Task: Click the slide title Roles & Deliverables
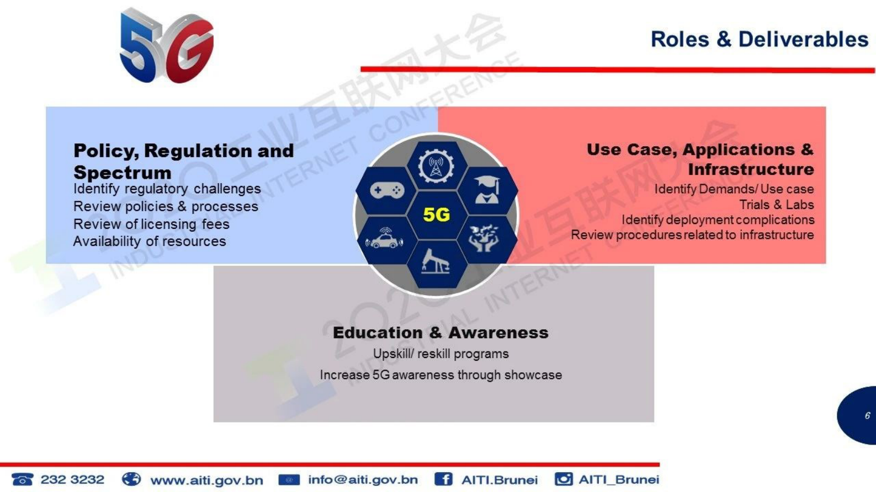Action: pyautogui.click(x=760, y=40)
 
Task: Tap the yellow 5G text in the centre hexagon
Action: pyautogui.click(x=437, y=215)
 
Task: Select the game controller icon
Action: pyautogui.click(x=387, y=190)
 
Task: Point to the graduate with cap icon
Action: pyautogui.click(x=486, y=190)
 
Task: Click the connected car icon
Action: pyautogui.click(x=384, y=238)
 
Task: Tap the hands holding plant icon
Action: pyautogui.click(x=484, y=238)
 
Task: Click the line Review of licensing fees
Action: pyautogui.click(x=151, y=224)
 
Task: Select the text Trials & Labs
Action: pyautogui.click(x=777, y=205)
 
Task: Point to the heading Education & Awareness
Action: pyautogui.click(x=440, y=333)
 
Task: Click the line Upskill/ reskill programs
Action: pyautogui.click(x=440, y=354)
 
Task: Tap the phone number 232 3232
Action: pyautogui.click(x=72, y=479)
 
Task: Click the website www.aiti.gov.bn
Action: pyautogui.click(x=206, y=480)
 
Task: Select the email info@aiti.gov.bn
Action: pyautogui.click(x=363, y=479)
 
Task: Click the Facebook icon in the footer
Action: pyautogui.click(x=443, y=479)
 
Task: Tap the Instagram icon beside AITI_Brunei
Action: pyautogui.click(x=564, y=479)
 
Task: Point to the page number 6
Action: pyautogui.click(x=867, y=415)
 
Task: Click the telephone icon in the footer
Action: pyautogui.click(x=23, y=479)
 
